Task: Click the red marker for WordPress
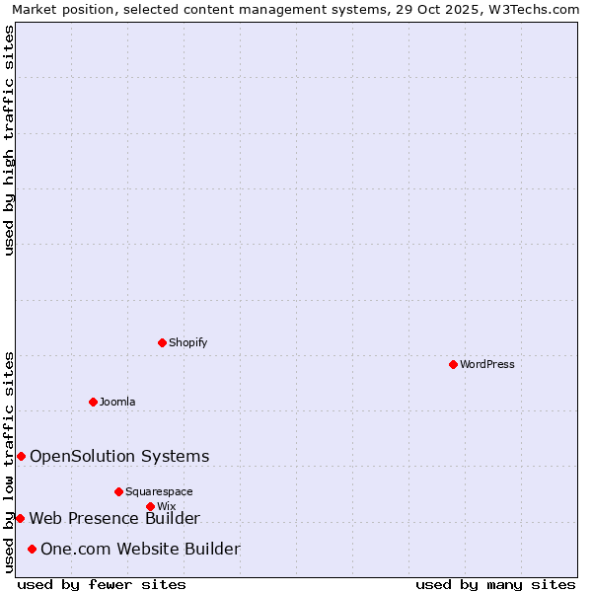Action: coord(453,364)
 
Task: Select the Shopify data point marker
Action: coord(162,342)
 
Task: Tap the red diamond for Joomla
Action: coord(93,402)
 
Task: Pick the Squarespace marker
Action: coord(118,491)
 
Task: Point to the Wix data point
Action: coord(150,506)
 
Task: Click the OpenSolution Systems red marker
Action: coord(21,456)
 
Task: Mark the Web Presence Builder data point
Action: coord(20,518)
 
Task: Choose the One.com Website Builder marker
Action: coord(32,549)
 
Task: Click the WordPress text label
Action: coord(487,364)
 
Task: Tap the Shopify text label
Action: coord(187,342)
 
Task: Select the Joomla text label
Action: coord(117,402)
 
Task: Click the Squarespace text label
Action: coord(159,491)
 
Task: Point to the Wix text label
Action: coord(166,506)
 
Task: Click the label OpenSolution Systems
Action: coord(119,456)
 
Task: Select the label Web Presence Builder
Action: coord(114,518)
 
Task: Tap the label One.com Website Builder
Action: coord(140,549)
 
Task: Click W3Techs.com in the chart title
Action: coord(539,10)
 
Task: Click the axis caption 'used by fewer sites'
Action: coord(102,584)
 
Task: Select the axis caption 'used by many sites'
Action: coord(495,584)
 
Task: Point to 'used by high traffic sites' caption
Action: coord(10,140)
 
